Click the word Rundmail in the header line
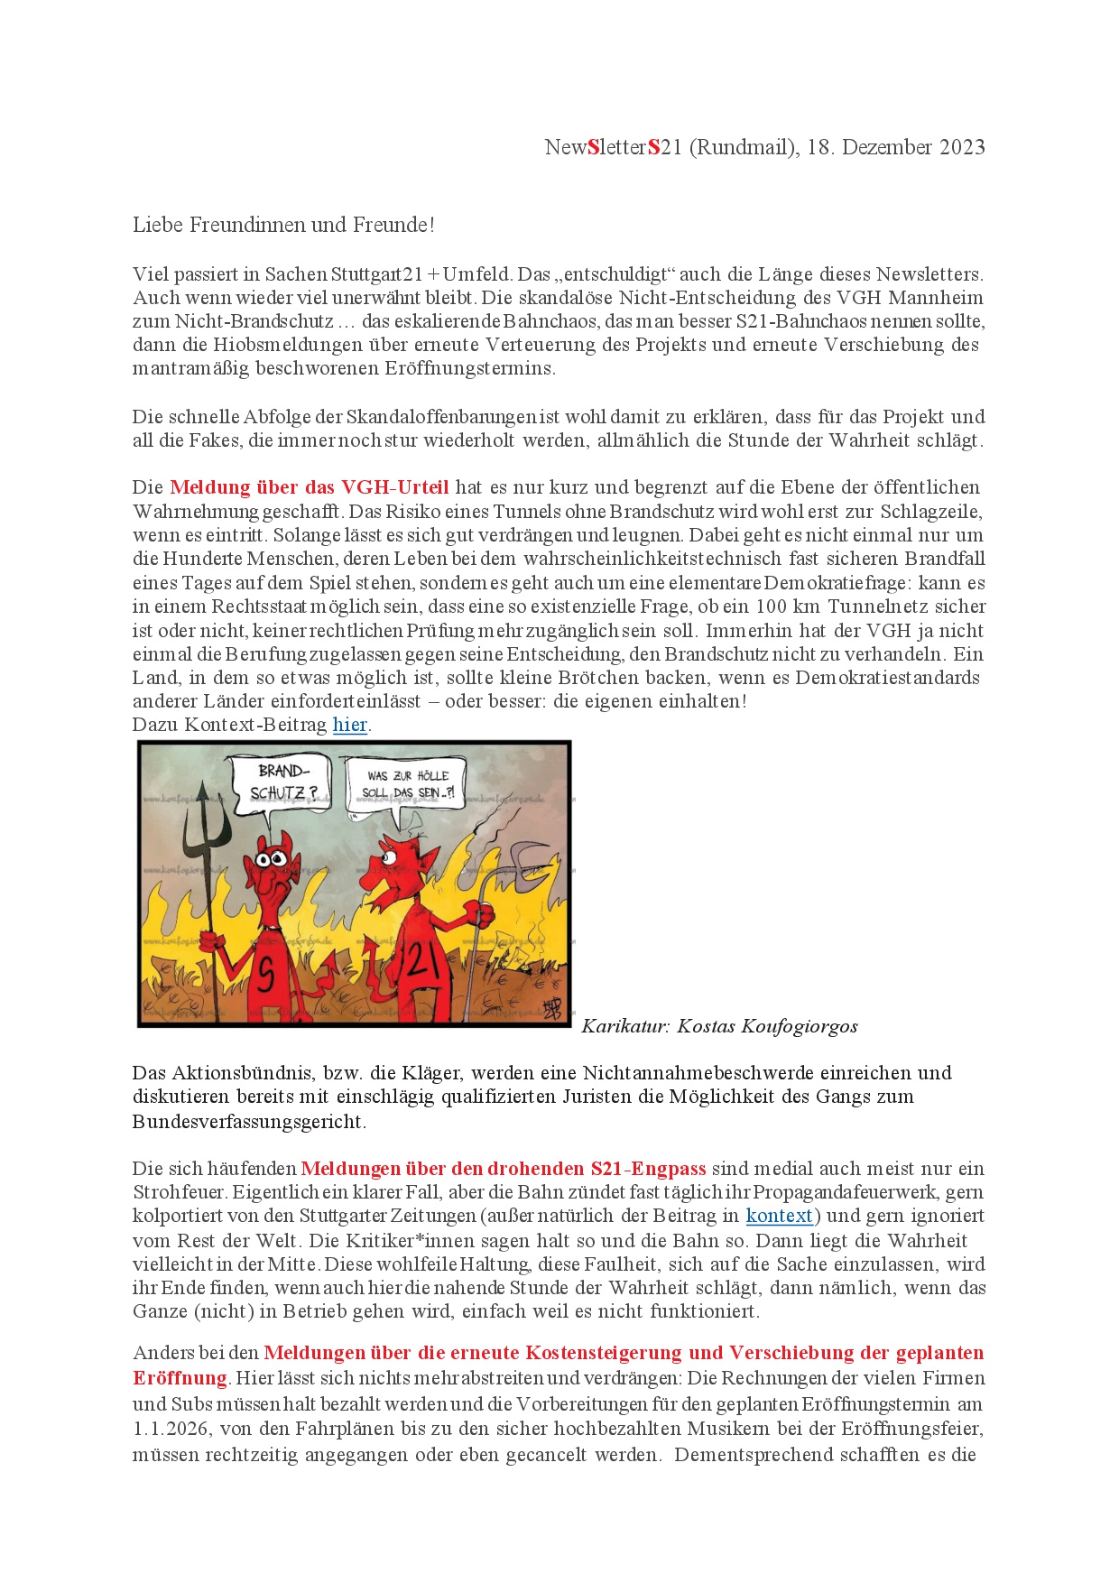744,147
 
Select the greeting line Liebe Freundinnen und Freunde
283,225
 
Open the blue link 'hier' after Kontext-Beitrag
349,725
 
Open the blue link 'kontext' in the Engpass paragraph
780,1216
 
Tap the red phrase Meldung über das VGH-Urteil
309,487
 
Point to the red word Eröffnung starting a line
180,1378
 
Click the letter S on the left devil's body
266,976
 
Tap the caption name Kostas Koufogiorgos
767,1026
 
